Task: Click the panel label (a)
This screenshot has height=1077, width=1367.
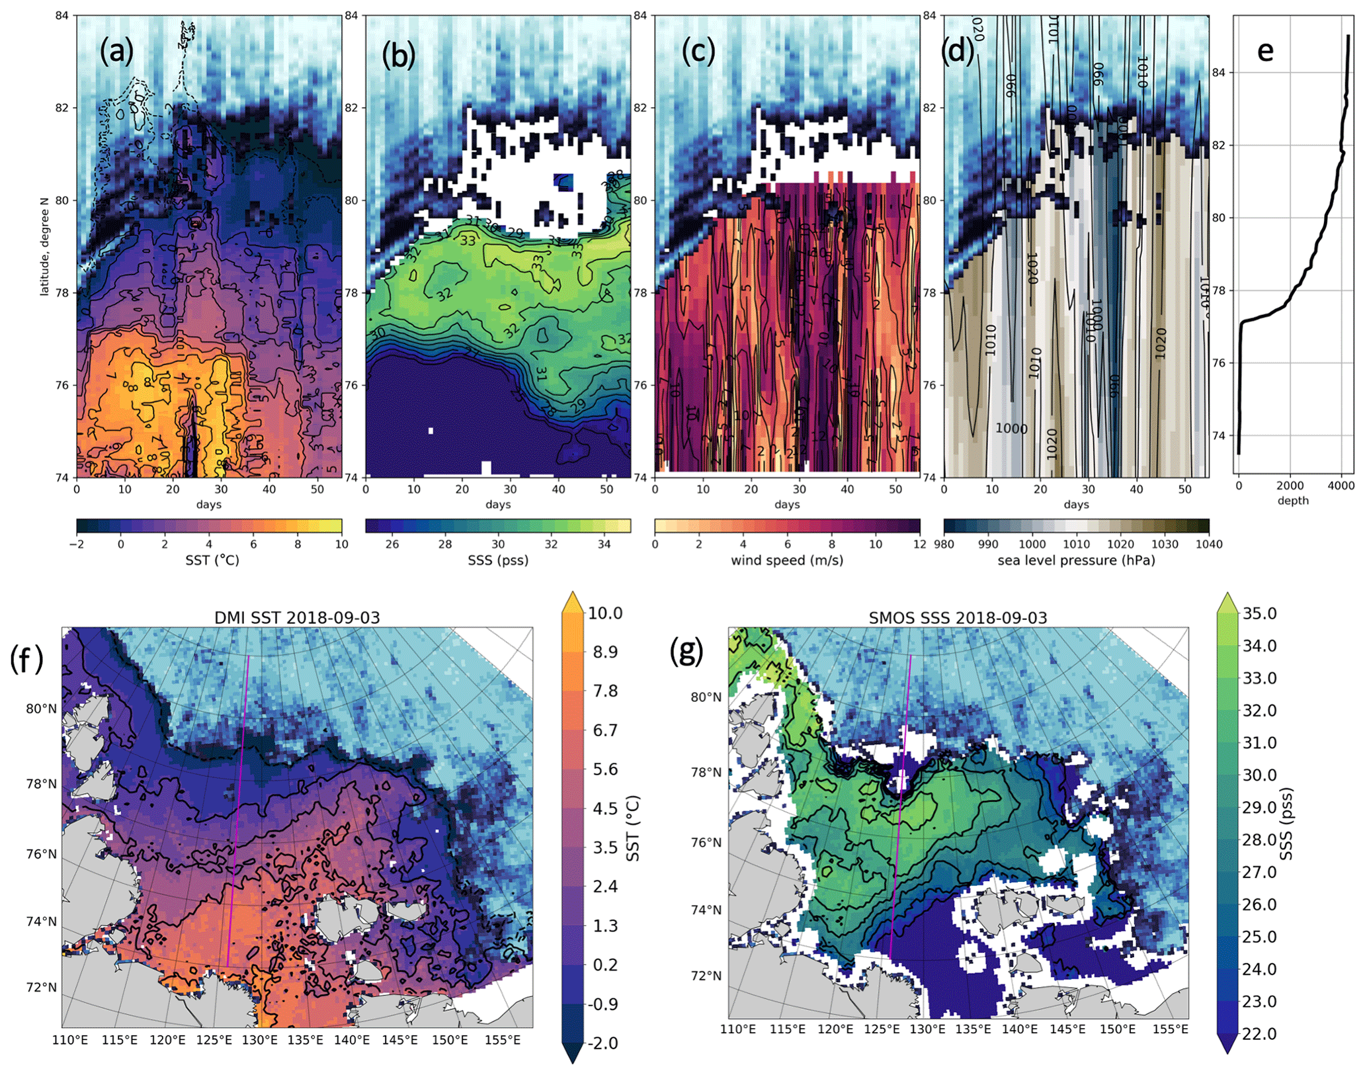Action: pyautogui.click(x=116, y=51)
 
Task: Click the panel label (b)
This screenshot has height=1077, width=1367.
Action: pyautogui.click(x=399, y=55)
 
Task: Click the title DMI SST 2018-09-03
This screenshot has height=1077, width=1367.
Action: pyautogui.click(x=297, y=618)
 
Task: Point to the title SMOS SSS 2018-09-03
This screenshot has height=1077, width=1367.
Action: pyautogui.click(x=958, y=618)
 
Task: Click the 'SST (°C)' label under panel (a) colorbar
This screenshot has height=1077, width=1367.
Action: pyautogui.click(x=212, y=560)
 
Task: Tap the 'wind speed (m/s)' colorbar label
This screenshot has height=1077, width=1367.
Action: pyautogui.click(x=786, y=560)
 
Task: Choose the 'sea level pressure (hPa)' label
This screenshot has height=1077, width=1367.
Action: pyautogui.click(x=1076, y=560)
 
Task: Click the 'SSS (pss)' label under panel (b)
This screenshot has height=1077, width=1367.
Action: pyautogui.click(x=498, y=560)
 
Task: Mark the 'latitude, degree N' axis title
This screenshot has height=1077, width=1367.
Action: pyautogui.click(x=44, y=246)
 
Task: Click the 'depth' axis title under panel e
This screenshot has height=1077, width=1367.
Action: pyautogui.click(x=1293, y=500)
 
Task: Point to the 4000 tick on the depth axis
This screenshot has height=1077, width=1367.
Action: pyautogui.click(x=1341, y=486)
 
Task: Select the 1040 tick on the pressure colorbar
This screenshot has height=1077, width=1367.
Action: pyautogui.click(x=1210, y=544)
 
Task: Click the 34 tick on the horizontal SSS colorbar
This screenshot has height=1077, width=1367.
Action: pyautogui.click(x=604, y=544)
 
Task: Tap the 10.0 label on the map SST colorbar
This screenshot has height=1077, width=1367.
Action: pyautogui.click(x=605, y=613)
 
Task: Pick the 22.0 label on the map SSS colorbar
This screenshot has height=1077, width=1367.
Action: pyautogui.click(x=1259, y=1033)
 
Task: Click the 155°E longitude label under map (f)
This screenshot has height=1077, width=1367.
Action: pyautogui.click(x=502, y=1040)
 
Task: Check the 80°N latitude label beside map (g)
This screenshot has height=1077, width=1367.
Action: pyautogui.click(x=706, y=697)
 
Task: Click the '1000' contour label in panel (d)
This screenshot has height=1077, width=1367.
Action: pyautogui.click(x=1011, y=429)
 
